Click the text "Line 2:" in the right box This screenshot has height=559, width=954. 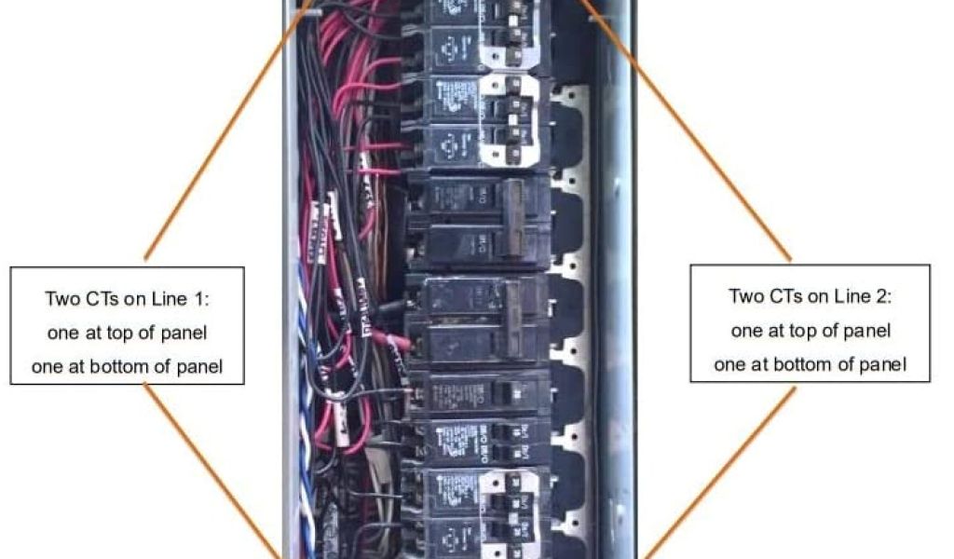(864, 296)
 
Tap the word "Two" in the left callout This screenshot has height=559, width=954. (61, 299)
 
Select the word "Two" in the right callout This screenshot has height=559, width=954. (744, 296)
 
